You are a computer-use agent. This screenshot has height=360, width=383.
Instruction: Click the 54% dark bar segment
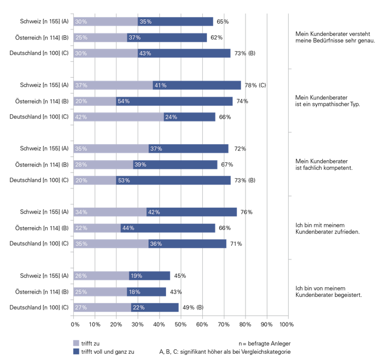pyautogui.click(x=174, y=101)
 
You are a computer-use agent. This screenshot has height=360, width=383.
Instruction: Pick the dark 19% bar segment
pyautogui.click(x=149, y=275)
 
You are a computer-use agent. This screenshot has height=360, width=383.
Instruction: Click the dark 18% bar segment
pyautogui.click(x=147, y=291)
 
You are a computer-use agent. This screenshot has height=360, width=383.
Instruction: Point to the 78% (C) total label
pyautogui.click(x=255, y=85)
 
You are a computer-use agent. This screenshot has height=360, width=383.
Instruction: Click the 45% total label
pyautogui.click(x=180, y=275)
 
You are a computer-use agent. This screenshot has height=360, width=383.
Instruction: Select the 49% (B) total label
pyautogui.click(x=192, y=307)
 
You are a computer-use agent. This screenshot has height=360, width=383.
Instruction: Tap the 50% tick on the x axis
pyautogui.click(x=180, y=325)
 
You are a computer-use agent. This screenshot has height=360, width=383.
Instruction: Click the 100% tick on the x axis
pyautogui.click(x=286, y=325)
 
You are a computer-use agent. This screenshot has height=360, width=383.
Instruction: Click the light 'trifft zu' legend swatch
pyautogui.click(x=76, y=343)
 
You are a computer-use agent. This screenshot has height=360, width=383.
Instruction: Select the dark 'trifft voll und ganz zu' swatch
pyautogui.click(x=76, y=352)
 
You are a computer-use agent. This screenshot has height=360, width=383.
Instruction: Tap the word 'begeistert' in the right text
pyautogui.click(x=348, y=295)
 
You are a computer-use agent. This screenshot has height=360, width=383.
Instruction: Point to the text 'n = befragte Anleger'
pyautogui.click(x=265, y=343)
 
